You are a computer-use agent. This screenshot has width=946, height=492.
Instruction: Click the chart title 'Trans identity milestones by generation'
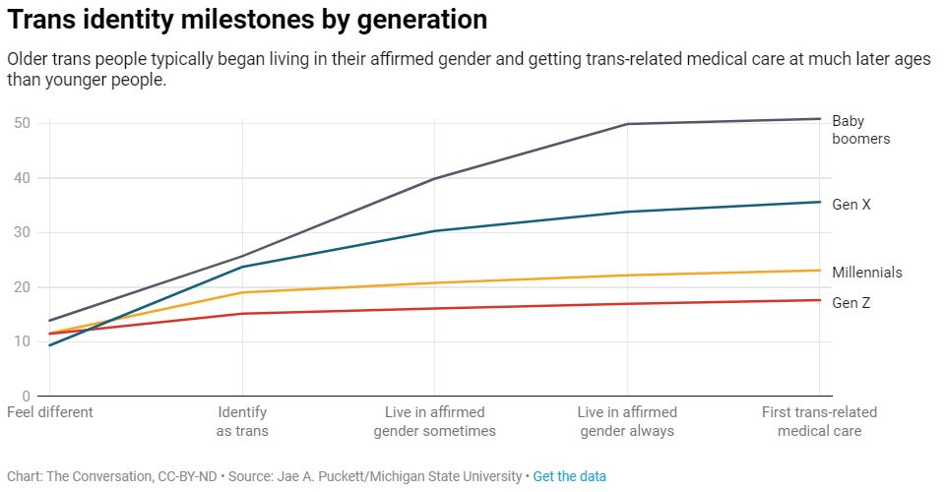[247, 20]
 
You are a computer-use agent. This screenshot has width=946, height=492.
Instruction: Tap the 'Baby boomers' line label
[860, 130]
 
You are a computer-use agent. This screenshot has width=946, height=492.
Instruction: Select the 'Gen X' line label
[851, 205]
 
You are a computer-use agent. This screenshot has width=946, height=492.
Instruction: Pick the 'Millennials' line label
[866, 273]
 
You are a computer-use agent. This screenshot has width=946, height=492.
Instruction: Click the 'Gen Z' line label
[851, 303]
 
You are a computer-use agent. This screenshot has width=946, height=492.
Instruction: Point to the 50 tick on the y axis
[21, 123]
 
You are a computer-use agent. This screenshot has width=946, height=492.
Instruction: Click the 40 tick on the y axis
[21, 178]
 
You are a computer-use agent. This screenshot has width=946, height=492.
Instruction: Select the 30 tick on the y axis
[21, 232]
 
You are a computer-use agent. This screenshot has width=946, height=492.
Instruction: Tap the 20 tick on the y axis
[21, 287]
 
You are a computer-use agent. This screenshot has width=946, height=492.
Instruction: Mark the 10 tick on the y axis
[21, 341]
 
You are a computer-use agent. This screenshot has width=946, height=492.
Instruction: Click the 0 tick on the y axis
[26, 396]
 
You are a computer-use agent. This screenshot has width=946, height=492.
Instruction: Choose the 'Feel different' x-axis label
[50, 412]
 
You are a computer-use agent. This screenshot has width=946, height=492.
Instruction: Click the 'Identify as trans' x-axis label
[242, 421]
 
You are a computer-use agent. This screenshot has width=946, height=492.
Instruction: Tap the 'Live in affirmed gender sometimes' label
[434, 421]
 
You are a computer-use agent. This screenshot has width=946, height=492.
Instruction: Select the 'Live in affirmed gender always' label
[627, 421]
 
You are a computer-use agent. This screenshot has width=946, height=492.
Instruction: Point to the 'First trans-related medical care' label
[819, 421]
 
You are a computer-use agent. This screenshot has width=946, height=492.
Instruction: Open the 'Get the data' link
[569, 476]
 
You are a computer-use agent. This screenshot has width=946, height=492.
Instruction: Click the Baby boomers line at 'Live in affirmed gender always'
[627, 124]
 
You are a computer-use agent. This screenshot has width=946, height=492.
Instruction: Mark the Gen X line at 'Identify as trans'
[242, 267]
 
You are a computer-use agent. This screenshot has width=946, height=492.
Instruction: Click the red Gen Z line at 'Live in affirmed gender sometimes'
[434, 309]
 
